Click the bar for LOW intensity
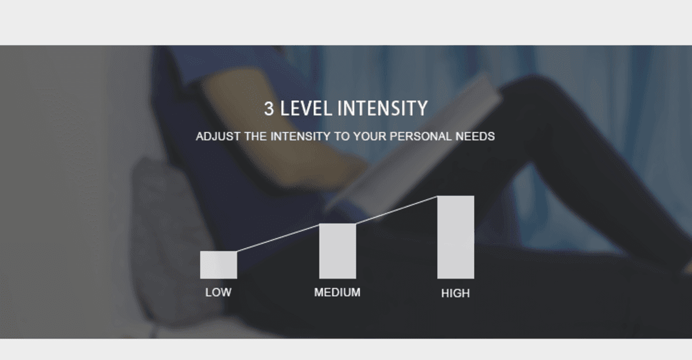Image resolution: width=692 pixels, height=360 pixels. pos(219,265)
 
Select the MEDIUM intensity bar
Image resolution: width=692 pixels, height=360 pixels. pos(338,251)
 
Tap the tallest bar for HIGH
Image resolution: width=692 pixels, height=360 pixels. pos(456,237)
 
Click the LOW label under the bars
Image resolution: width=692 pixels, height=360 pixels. pos(219,292)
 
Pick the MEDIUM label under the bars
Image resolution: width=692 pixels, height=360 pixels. pos(337,292)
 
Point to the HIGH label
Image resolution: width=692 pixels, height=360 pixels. pos(456,293)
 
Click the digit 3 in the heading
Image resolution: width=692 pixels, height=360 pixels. pos(269,108)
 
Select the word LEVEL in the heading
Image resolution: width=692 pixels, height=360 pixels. pos(306,108)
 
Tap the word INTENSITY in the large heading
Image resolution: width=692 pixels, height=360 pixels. pos(383,108)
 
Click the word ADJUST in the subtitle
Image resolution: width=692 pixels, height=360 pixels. pos(218,136)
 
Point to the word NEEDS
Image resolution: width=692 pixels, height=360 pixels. pos(475,136)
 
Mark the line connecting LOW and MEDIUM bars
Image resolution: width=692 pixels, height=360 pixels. pos(278,237)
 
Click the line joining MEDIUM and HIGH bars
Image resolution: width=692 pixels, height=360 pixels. pos(397,209)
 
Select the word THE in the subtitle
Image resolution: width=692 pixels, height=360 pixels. pos(255,136)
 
